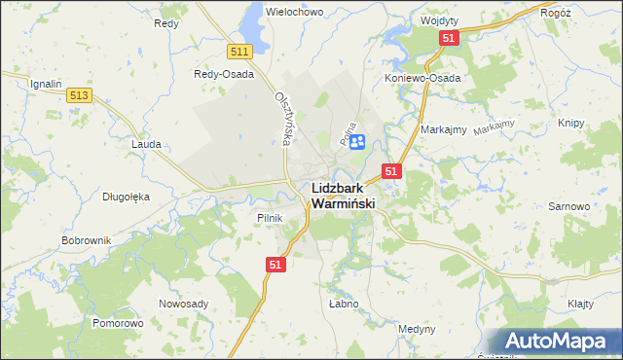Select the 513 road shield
[80, 94]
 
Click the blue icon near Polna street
[356, 142]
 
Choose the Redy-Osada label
[224, 74]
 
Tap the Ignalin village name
[46, 84]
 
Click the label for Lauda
[146, 143]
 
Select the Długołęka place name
[127, 196]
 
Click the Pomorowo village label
[118, 322]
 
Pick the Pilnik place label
[270, 218]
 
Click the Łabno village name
[344, 304]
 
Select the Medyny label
[418, 329]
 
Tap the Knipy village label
[572, 124]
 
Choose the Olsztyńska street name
[283, 119]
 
